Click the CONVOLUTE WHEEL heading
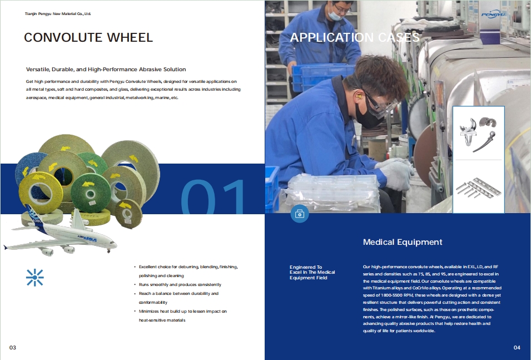coord(88,38)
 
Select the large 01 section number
coord(214,197)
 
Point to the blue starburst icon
coord(34,277)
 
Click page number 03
coord(13,348)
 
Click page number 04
coord(517,348)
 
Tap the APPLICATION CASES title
coord(355,38)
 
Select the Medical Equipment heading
coord(403,242)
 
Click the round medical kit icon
coord(299,214)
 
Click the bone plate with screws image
coord(478,187)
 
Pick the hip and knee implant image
coord(478,134)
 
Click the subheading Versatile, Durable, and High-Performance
coord(106,70)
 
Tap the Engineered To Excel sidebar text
coord(312,272)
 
